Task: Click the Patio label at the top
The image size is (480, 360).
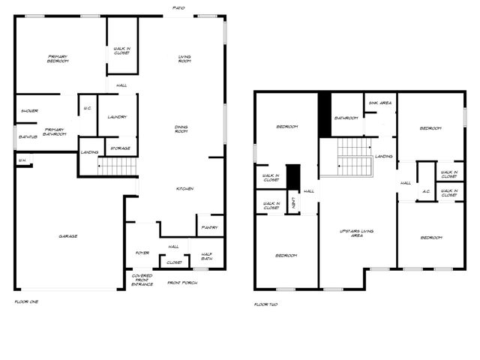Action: click(178, 7)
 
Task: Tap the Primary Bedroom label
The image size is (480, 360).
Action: click(58, 58)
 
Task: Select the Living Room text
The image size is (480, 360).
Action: click(184, 58)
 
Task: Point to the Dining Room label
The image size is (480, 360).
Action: click(181, 129)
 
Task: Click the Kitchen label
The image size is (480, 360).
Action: click(184, 188)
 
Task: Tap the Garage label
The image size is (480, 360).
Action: click(68, 235)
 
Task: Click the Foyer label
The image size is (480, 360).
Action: click(142, 253)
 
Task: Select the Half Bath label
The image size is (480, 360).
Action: click(206, 256)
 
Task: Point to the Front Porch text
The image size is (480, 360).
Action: click(182, 283)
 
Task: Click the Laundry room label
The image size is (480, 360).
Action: click(116, 116)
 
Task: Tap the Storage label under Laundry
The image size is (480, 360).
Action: click(120, 148)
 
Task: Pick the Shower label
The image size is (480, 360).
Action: click(29, 110)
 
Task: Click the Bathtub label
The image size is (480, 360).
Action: click(28, 136)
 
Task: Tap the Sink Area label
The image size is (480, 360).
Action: click(379, 103)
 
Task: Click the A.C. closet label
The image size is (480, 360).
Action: click(425, 190)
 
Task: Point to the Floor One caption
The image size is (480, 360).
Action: click(26, 301)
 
